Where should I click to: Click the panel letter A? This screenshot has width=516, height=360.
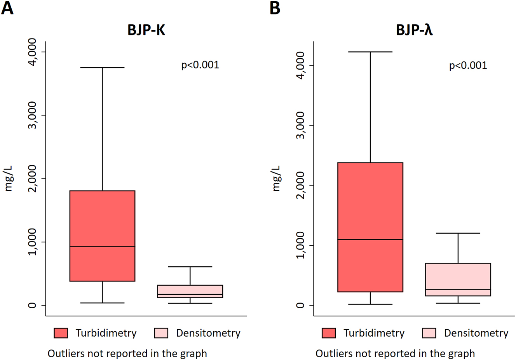[7, 8]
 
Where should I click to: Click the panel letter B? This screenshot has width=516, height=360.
[275, 8]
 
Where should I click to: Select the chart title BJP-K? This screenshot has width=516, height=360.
[146, 30]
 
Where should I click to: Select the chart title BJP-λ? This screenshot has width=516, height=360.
[414, 30]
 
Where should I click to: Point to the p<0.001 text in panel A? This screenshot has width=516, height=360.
[200, 65]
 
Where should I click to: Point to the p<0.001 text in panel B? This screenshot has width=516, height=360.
[468, 65]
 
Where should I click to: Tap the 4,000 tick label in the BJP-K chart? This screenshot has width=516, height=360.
[33, 52]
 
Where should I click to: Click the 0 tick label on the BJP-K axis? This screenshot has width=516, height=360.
[33, 305]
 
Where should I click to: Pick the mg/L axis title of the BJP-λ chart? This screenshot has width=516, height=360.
[276, 178]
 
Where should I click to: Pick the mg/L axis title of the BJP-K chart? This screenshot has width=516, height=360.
[9, 178]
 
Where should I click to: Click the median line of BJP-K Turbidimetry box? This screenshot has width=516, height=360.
[102, 246]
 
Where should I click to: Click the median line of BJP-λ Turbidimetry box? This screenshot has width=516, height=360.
[370, 239]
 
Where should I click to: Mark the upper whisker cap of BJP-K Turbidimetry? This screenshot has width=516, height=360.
[102, 68]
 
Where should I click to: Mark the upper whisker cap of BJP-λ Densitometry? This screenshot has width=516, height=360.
[458, 233]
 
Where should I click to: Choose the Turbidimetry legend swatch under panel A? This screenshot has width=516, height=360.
[61, 333]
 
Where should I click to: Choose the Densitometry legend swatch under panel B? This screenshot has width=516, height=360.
[429, 333]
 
